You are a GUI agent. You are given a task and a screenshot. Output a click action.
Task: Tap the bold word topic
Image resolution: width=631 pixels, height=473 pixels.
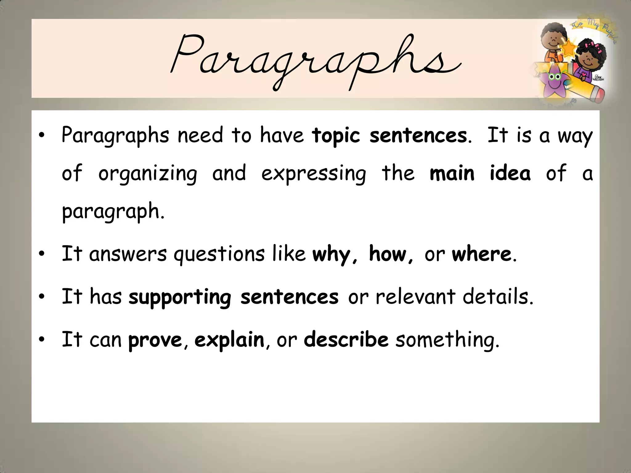coord(336,136)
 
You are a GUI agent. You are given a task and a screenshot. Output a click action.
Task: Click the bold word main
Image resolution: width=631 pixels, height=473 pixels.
coord(452,173)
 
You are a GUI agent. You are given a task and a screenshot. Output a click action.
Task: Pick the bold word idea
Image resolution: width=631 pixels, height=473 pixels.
coord(510,173)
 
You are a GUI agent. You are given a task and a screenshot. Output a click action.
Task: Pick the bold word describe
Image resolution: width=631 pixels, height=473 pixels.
coord(346,340)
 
